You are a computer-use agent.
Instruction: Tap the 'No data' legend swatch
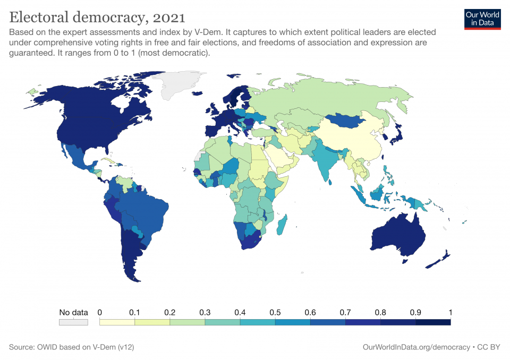pos(73,321)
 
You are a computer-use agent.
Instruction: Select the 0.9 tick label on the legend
pos(415,312)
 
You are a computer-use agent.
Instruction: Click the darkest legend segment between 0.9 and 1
pos(432,321)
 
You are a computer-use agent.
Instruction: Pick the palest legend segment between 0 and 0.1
pos(117,321)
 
